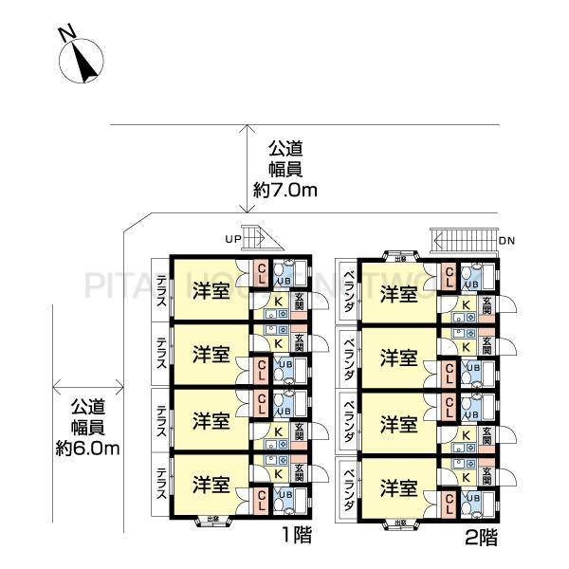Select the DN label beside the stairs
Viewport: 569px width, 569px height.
tap(506, 241)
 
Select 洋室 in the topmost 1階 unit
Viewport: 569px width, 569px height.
tap(210, 289)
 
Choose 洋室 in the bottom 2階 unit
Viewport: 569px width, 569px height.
tap(398, 487)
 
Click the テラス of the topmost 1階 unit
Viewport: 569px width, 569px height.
tap(161, 290)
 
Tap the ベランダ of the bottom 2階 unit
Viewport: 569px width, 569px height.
tap(348, 487)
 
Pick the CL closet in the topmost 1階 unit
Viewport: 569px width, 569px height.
tap(262, 275)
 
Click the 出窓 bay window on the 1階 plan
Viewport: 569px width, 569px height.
tap(210, 519)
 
